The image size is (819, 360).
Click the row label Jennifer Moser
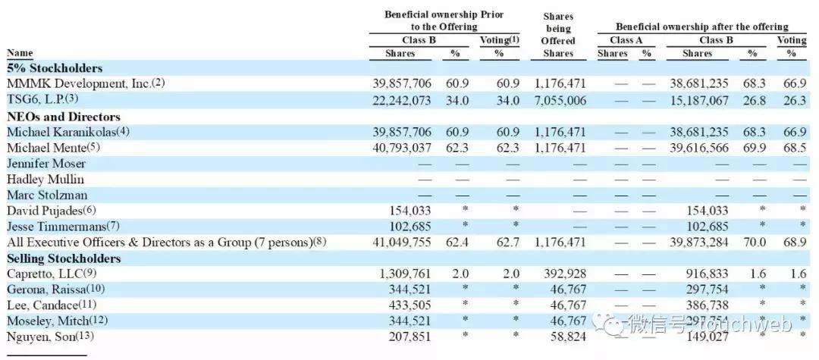[x=46, y=164]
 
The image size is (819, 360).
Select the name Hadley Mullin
[x=45, y=180]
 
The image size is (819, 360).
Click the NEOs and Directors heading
[x=64, y=117]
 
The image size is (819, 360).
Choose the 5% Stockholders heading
[x=55, y=68]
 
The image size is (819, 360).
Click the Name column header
[x=20, y=53]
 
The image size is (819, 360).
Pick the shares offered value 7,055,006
[x=558, y=100]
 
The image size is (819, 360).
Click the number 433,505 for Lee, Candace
[x=413, y=305]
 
